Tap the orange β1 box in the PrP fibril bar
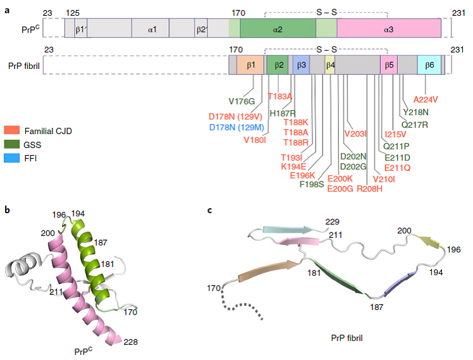(250, 65)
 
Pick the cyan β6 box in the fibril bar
(429, 65)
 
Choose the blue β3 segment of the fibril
(301, 65)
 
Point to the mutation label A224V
(426, 99)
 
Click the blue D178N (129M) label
(236, 127)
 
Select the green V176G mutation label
(242, 101)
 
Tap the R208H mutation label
(369, 189)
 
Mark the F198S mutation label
(312, 184)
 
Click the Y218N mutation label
(415, 112)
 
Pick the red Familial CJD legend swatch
(12, 130)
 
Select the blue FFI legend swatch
(12, 158)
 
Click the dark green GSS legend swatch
(12, 144)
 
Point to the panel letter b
(7, 209)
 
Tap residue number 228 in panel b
(131, 342)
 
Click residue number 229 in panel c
(333, 222)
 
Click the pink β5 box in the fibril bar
(389, 65)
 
